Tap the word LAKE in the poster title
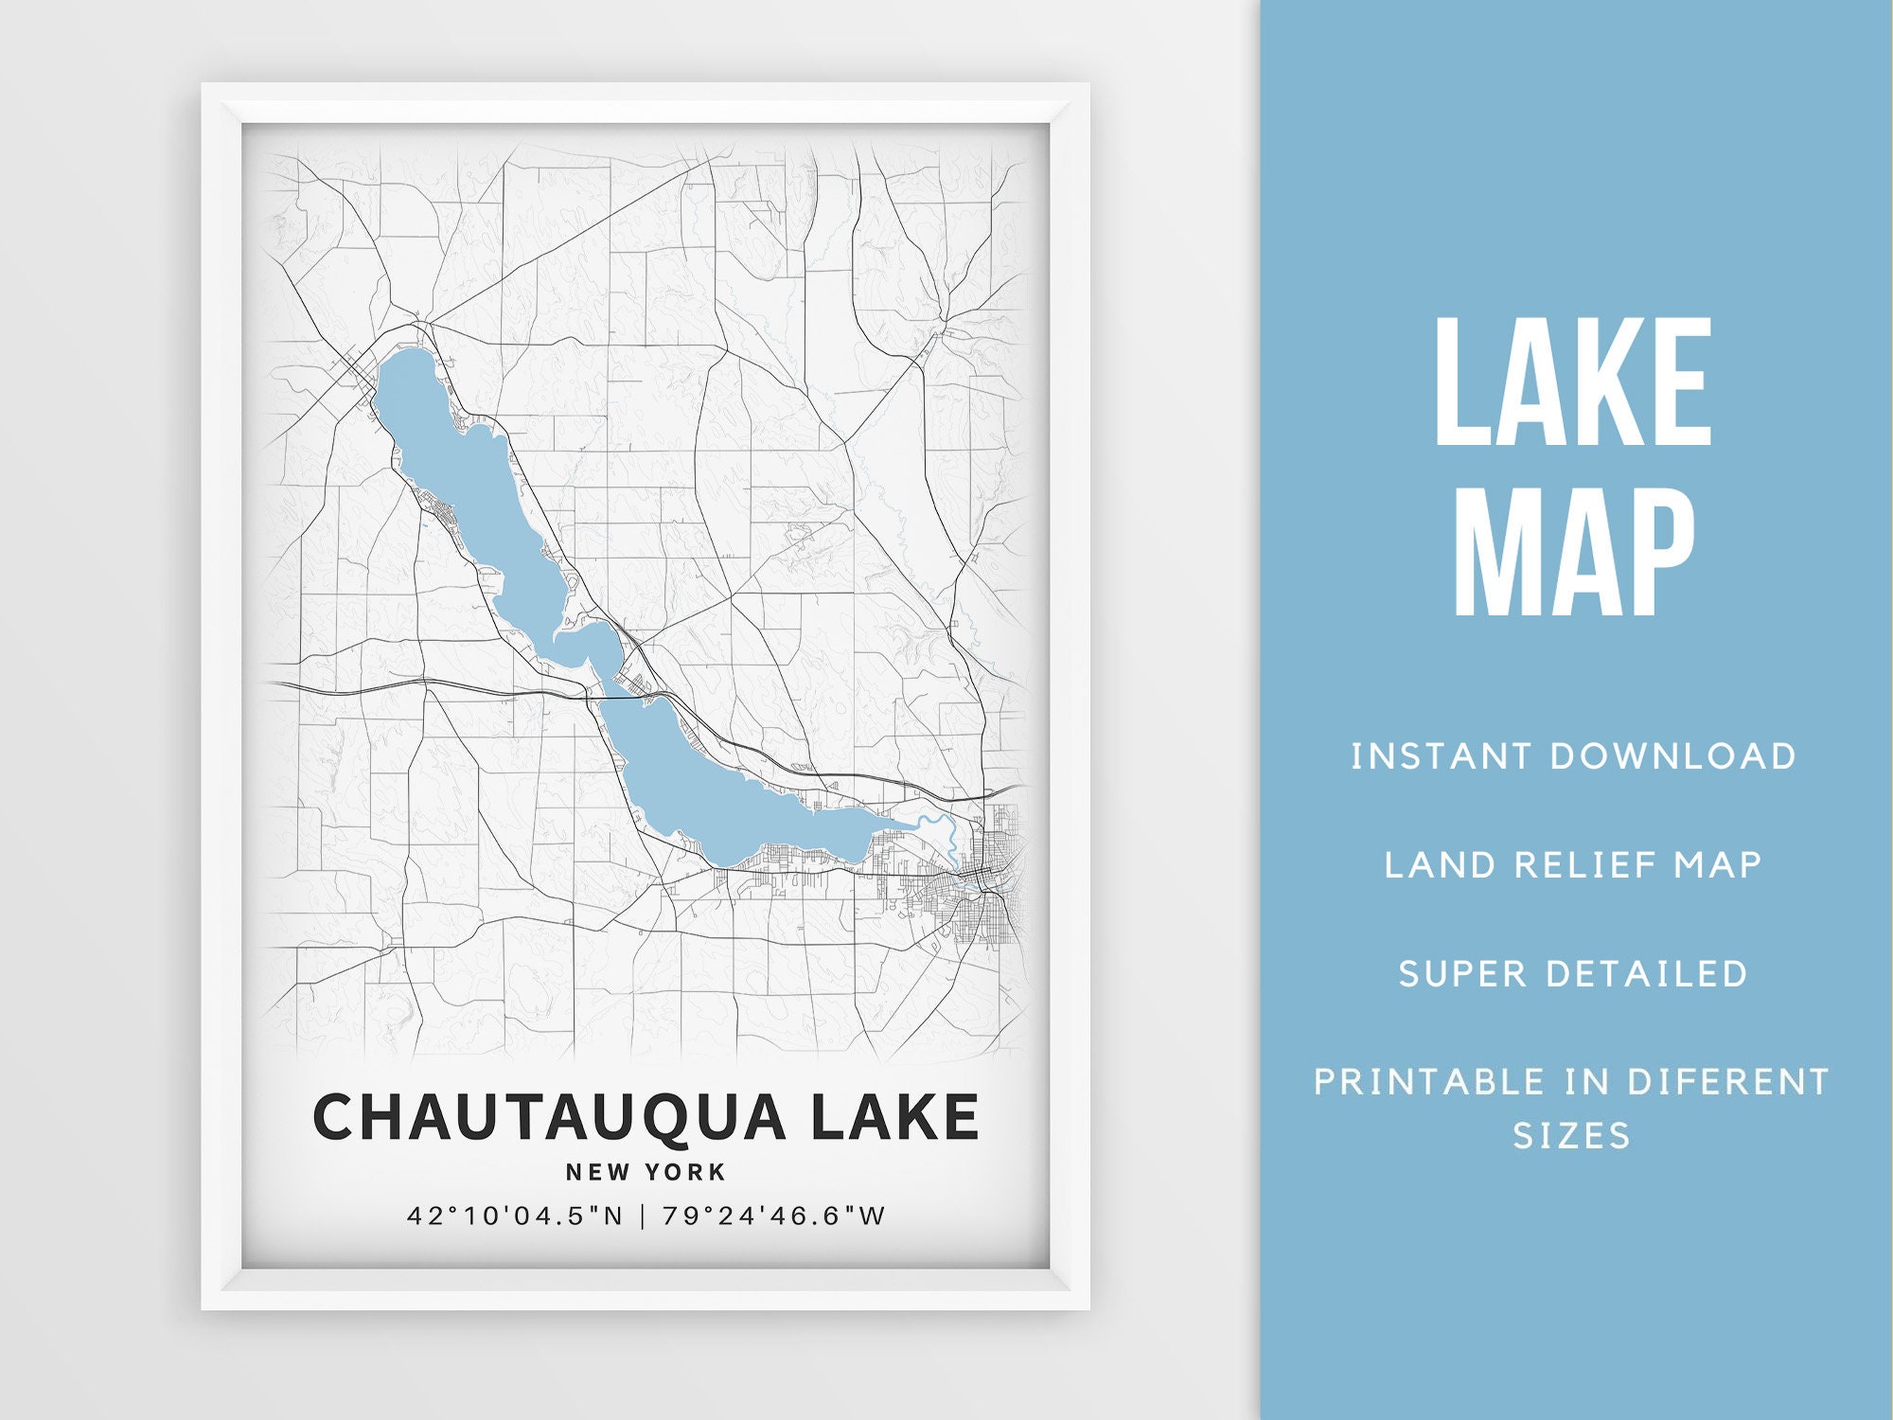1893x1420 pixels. [x=894, y=1117]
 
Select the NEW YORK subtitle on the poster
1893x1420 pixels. [x=646, y=1172]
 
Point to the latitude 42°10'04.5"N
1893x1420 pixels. [x=515, y=1216]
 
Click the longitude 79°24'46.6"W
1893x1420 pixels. [x=773, y=1216]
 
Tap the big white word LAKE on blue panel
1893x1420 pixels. [x=1573, y=383]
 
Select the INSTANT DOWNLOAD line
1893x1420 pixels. [x=1573, y=756]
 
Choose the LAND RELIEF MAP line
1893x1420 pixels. [x=1573, y=864]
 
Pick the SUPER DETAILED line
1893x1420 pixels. [x=1573, y=973]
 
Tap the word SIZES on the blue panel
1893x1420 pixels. [x=1572, y=1135]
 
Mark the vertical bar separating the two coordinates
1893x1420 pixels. [x=643, y=1216]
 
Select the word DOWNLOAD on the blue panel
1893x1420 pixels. [x=1672, y=756]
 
